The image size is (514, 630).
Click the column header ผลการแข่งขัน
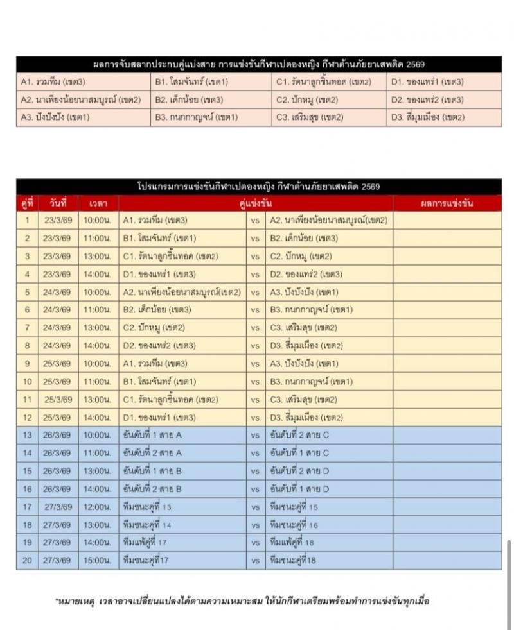click(x=447, y=203)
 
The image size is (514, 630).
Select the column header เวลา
click(x=98, y=203)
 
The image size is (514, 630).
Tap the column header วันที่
click(x=58, y=203)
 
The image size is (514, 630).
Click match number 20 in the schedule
click(x=28, y=560)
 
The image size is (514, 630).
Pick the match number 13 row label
click(x=28, y=435)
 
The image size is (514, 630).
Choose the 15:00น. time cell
click(x=98, y=560)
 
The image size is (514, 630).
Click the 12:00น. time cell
click(x=98, y=507)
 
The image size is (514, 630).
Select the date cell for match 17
click(x=58, y=507)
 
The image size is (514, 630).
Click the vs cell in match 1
click(x=256, y=221)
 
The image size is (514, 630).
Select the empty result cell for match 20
click(x=447, y=560)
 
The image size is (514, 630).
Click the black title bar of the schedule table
click(x=258, y=187)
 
